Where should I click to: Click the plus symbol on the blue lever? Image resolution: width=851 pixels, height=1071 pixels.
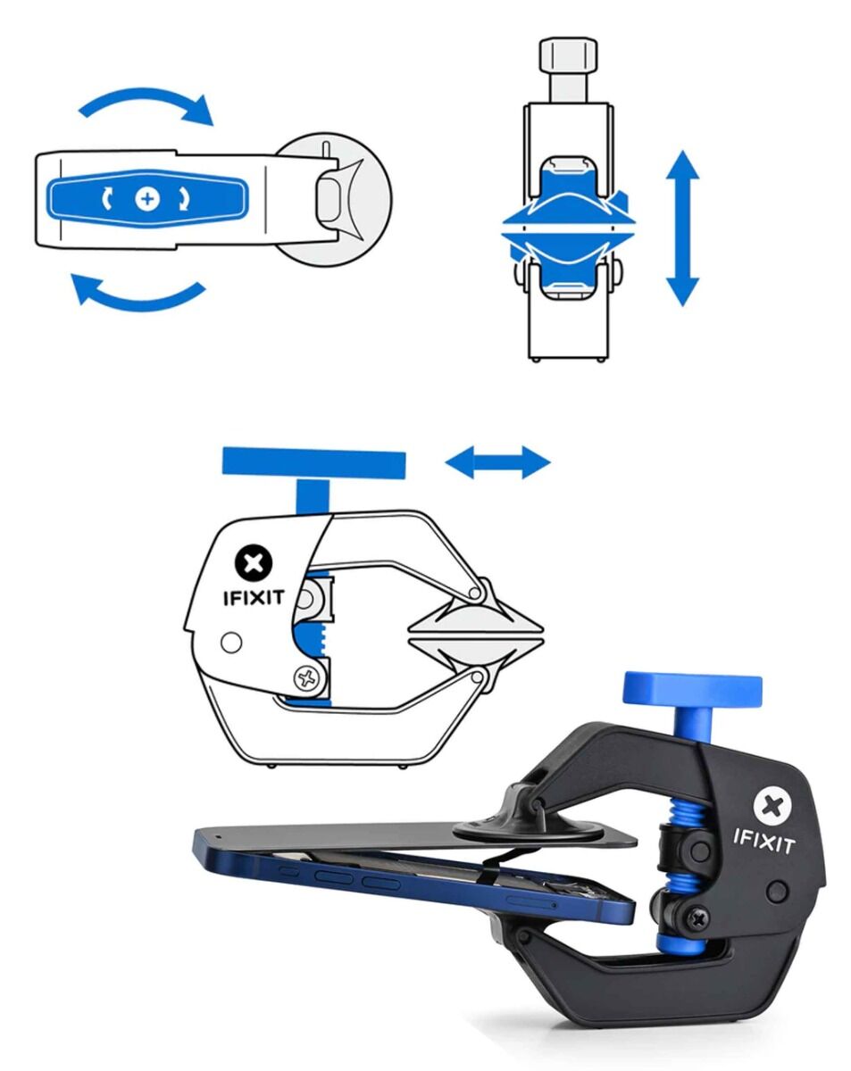(x=146, y=199)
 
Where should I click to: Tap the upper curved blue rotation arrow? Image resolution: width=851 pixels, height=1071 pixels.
(x=148, y=102)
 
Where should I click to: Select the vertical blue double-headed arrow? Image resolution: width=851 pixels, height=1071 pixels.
(x=682, y=228)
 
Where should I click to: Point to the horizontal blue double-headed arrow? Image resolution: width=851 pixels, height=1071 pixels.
(x=497, y=462)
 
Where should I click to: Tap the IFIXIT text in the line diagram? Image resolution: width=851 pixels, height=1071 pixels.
(x=254, y=597)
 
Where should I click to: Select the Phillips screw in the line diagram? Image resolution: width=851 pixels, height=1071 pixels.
(x=309, y=677)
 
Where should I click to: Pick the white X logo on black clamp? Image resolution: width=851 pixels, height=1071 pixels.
(x=773, y=805)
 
